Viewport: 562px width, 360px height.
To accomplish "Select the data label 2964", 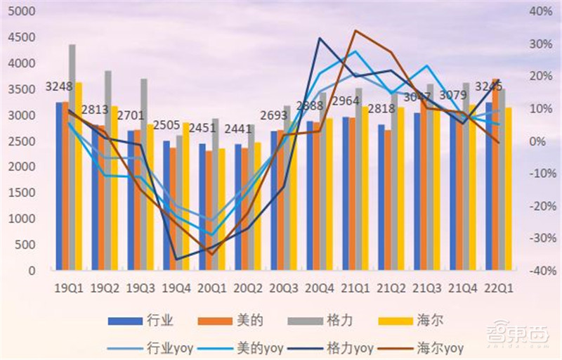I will pos(345,101).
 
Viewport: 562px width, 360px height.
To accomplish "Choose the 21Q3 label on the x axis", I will pos(428,288).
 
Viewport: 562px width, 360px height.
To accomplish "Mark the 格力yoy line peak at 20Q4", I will pos(320,38).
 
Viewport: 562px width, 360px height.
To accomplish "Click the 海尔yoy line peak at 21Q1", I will pos(355,31).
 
